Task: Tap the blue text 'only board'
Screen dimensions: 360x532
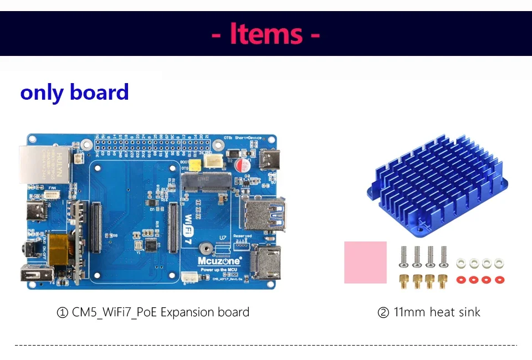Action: click(74, 92)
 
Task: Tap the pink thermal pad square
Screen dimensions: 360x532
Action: click(365, 262)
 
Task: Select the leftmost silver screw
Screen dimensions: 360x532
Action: click(404, 256)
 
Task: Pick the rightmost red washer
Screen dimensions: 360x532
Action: click(499, 280)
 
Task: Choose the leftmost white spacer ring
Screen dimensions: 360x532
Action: click(461, 263)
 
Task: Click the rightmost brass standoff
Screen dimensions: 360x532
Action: click(442, 281)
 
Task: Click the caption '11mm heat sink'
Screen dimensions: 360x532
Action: click(429, 312)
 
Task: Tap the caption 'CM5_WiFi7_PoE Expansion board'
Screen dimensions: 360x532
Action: click(153, 312)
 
